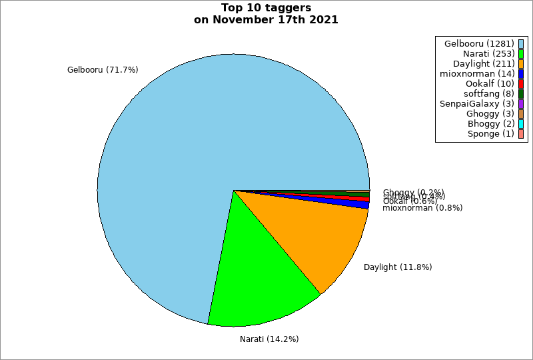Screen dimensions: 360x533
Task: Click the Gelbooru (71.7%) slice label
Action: (103, 69)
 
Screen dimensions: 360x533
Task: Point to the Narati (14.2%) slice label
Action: (269, 339)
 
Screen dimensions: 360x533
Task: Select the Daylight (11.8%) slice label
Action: (398, 267)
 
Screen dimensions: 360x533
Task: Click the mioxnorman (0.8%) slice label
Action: (422, 208)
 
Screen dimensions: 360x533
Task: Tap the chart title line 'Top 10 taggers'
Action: (266, 8)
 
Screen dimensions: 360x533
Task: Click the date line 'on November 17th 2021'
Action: (266, 20)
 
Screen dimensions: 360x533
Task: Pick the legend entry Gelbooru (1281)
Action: (478, 43)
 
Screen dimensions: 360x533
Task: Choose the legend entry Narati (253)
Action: (488, 53)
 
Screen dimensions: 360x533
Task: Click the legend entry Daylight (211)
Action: (484, 63)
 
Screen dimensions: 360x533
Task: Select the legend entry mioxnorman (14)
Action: (477, 73)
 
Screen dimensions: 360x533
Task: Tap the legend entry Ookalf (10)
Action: (490, 83)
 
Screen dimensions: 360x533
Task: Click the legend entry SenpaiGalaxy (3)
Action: (476, 103)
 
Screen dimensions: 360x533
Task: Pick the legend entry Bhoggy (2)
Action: (490, 124)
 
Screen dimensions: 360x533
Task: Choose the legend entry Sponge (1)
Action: (490, 134)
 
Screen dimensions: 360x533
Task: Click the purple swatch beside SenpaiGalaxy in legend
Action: (521, 103)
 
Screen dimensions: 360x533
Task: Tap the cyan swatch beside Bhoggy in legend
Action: (521, 124)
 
